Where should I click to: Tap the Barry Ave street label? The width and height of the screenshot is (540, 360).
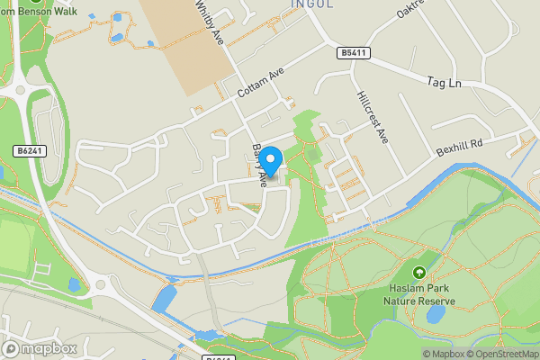pos(259,165)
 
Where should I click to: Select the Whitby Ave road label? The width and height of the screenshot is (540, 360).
pos(208,22)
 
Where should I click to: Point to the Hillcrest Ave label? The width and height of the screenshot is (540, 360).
pos(371,117)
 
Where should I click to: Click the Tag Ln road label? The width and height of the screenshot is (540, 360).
pos(443,83)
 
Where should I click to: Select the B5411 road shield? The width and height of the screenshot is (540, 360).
pos(354,54)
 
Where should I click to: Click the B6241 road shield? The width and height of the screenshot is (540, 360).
pos(30,151)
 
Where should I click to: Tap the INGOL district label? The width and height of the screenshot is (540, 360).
pos(312,4)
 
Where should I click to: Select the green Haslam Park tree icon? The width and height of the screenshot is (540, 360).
pos(418,272)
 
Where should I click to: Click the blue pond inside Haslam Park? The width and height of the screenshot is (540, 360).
pos(436,313)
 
